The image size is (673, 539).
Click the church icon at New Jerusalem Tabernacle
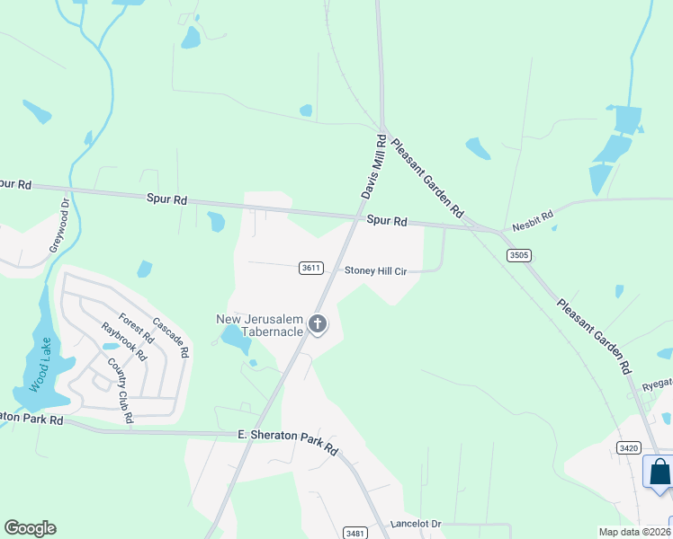click(317, 323)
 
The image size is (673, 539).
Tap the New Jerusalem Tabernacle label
click(259, 326)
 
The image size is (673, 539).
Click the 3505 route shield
click(518, 255)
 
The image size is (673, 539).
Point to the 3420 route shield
click(628, 446)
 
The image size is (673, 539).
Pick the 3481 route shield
click(354, 533)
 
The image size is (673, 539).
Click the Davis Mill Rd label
click(373, 168)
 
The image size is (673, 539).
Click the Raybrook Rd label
click(123, 341)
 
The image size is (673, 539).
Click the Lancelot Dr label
click(417, 524)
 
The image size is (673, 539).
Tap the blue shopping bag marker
click(660, 473)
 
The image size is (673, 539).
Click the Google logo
click(30, 528)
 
